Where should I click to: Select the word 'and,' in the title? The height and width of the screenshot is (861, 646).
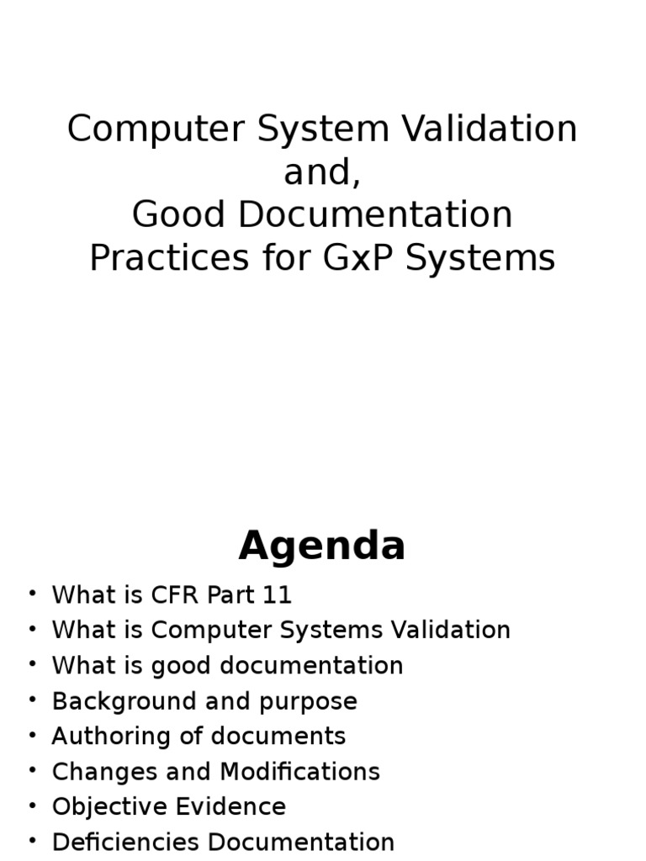pyautogui.click(x=322, y=172)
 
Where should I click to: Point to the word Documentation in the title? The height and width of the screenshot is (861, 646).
pyautogui.click(x=374, y=215)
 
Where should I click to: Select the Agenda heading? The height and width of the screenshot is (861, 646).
pyautogui.click(x=322, y=547)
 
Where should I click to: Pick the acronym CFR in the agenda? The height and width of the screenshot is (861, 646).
pyautogui.click(x=174, y=595)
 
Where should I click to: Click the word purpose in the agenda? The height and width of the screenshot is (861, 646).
pyautogui.click(x=316, y=702)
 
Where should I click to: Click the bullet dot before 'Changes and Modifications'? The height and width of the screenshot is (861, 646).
pyautogui.click(x=32, y=770)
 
